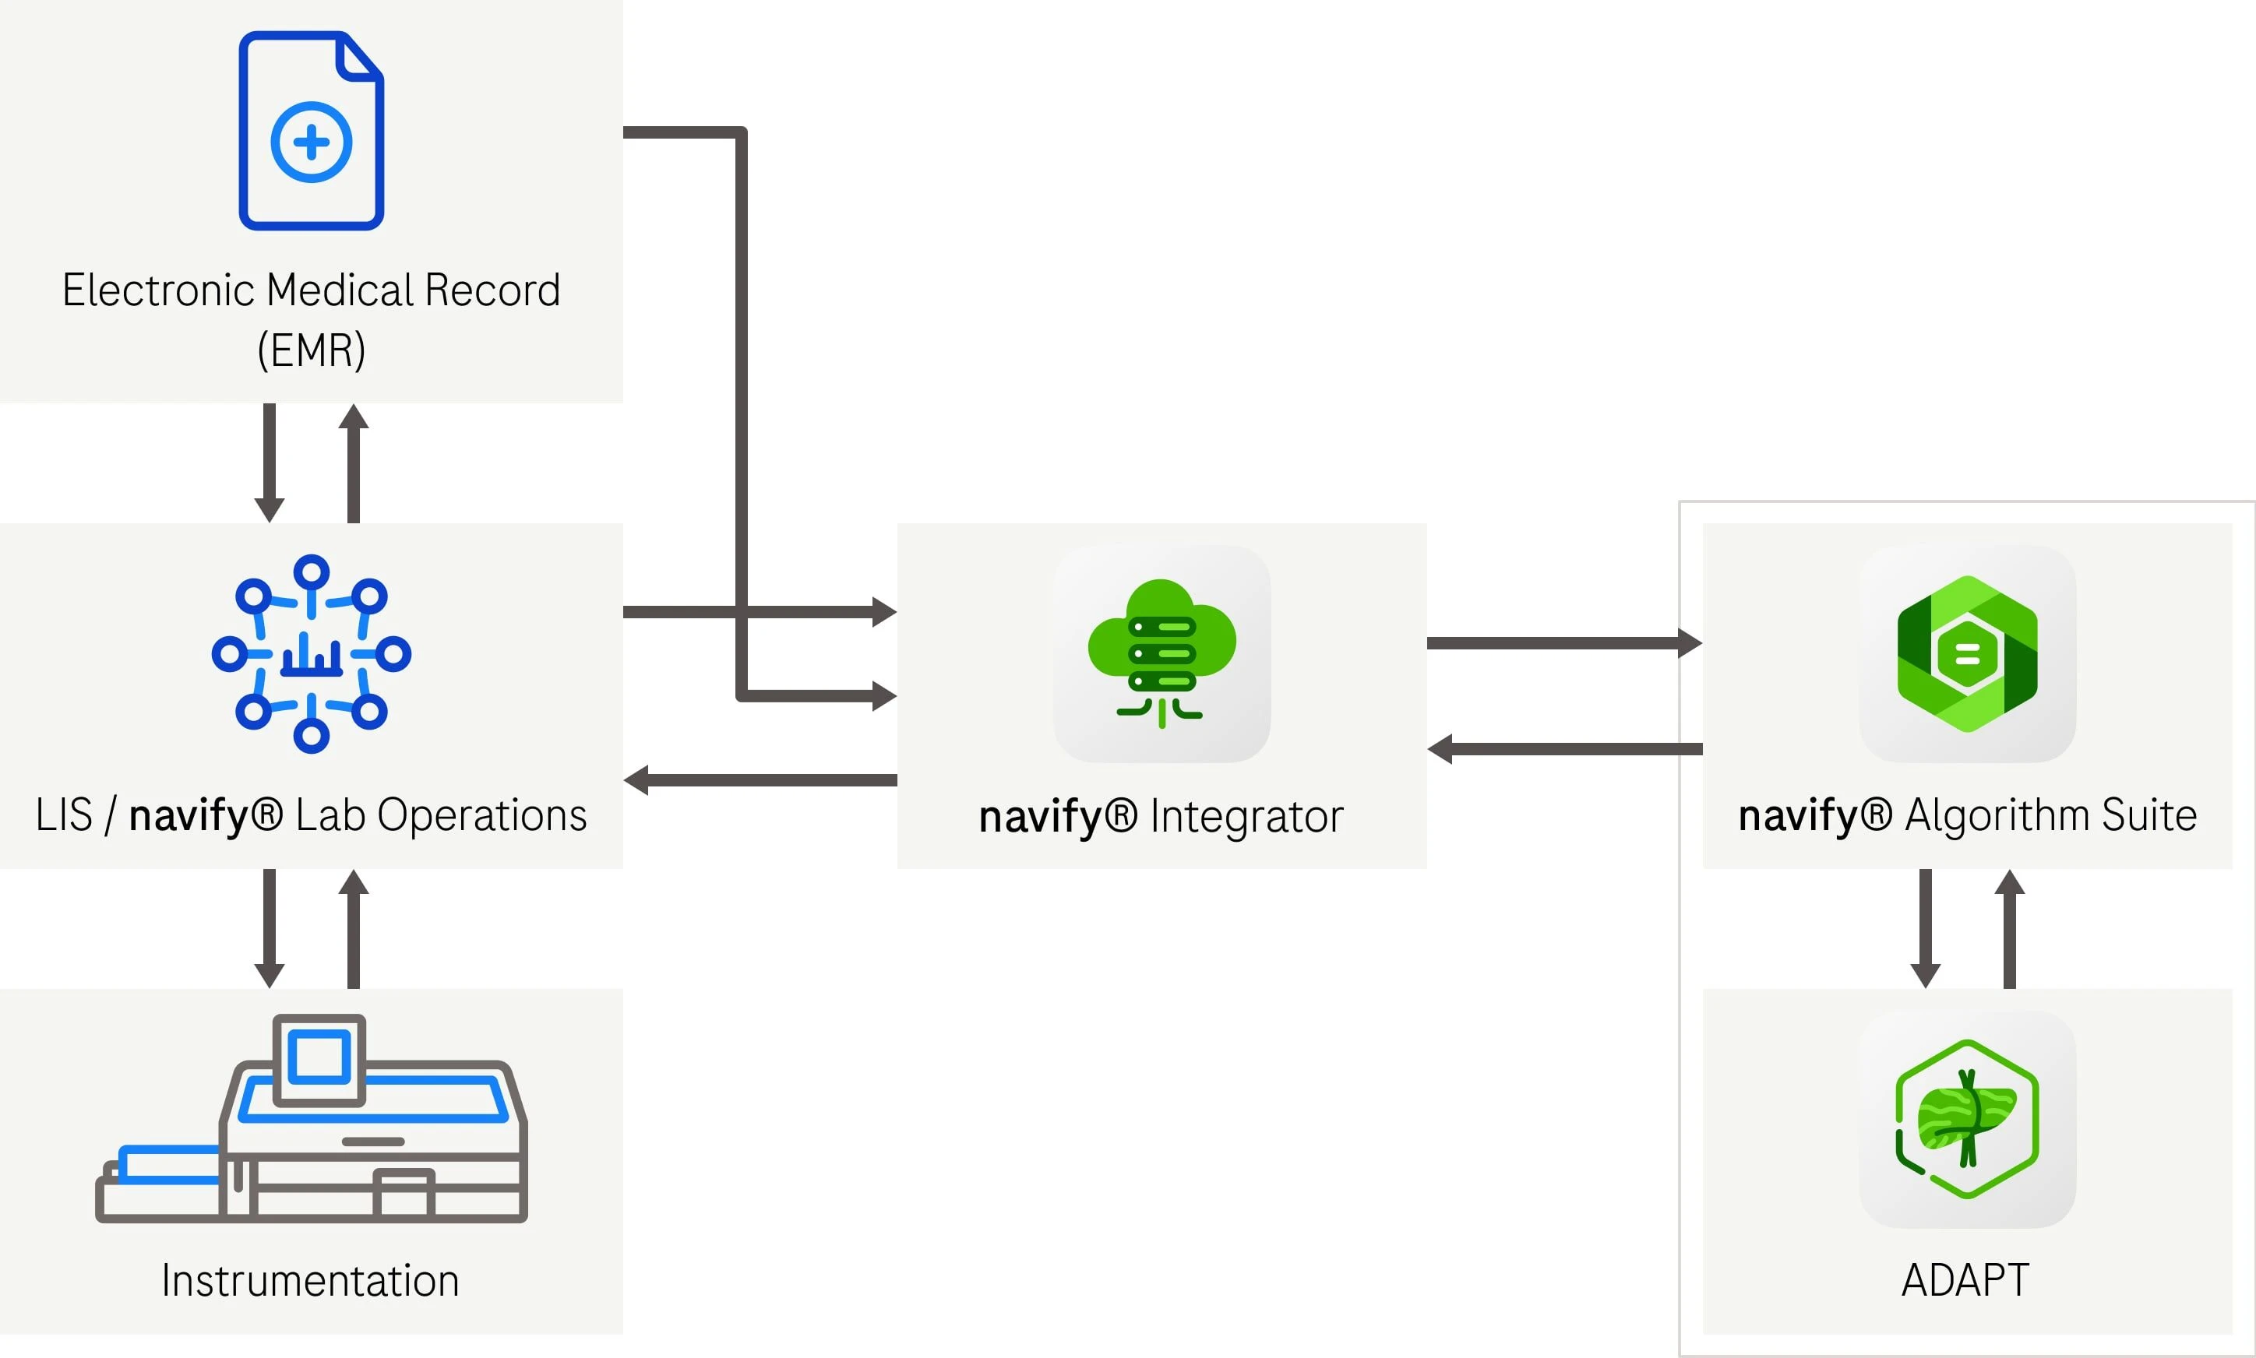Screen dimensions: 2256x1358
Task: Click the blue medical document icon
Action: pos(311,131)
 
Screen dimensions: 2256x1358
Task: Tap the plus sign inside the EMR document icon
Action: pos(311,142)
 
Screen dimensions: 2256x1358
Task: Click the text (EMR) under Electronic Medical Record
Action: pos(311,350)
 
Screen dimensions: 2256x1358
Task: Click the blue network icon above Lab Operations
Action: pos(311,653)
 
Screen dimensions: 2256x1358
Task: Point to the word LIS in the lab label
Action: pos(64,814)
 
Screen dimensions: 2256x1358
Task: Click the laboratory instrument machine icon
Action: pos(311,1118)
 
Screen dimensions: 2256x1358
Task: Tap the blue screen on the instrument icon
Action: pos(319,1057)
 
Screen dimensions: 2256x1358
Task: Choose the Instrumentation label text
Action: pos(310,1280)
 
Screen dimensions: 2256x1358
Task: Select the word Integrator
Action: pos(1246,815)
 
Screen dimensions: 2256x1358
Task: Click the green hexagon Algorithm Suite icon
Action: pos(1968,653)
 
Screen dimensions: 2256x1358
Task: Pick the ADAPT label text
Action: pos(1965,1280)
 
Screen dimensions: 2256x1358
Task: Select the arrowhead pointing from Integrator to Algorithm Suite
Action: pos(1690,642)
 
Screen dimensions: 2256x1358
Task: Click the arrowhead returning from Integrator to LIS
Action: pos(636,779)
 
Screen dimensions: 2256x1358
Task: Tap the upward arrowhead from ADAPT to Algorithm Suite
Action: pos(2010,882)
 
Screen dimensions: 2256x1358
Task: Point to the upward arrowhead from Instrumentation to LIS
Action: pos(353,882)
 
